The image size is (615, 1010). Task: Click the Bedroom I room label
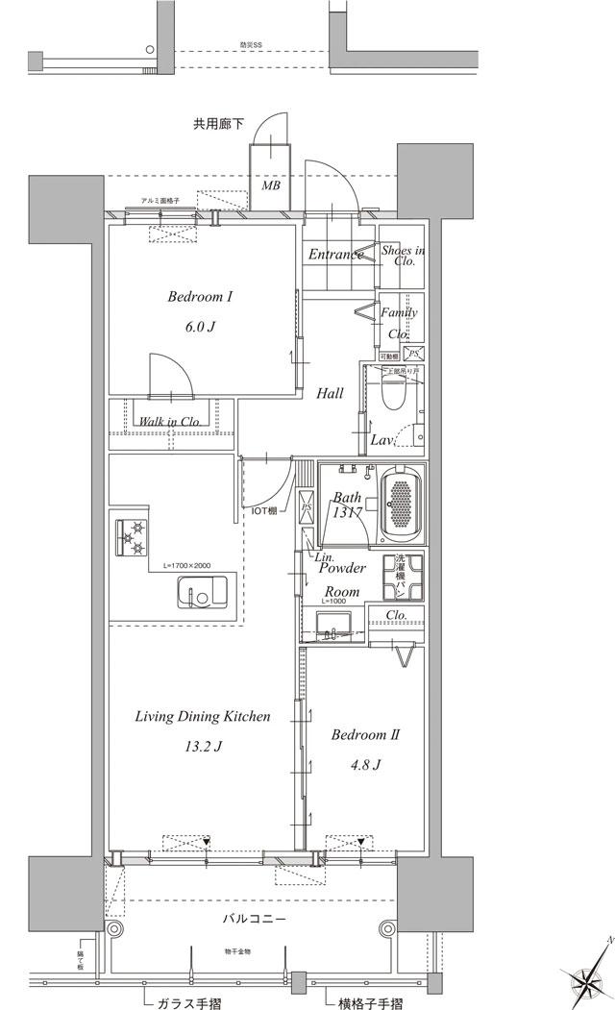pyautogui.click(x=200, y=298)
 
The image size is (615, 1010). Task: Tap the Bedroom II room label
pyautogui.click(x=365, y=735)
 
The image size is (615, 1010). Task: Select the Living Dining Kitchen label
pyautogui.click(x=202, y=717)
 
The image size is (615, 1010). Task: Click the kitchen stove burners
pyautogui.click(x=132, y=537)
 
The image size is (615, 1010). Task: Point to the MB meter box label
pyautogui.click(x=271, y=185)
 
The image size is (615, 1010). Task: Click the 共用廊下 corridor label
pyautogui.click(x=219, y=123)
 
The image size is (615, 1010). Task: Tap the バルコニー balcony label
pyautogui.click(x=255, y=919)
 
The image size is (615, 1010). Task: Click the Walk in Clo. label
pyautogui.click(x=169, y=421)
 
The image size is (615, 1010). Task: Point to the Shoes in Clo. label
pyautogui.click(x=403, y=255)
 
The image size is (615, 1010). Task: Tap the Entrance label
pyautogui.click(x=335, y=254)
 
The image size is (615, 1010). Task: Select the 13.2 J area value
pyautogui.click(x=205, y=746)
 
